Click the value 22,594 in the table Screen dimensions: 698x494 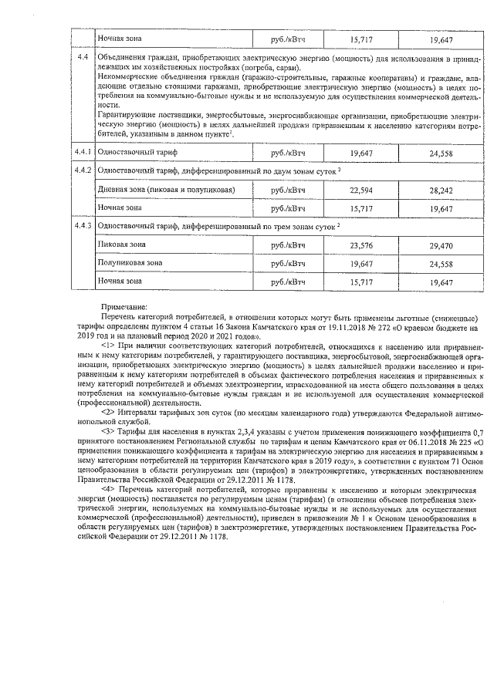[360, 190]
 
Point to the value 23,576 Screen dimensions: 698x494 [360, 245]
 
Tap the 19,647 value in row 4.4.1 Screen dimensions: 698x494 [360, 153]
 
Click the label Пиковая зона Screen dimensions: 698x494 [122, 244]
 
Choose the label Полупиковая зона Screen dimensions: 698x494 [130, 263]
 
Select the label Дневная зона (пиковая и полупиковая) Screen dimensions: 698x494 [165, 189]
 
